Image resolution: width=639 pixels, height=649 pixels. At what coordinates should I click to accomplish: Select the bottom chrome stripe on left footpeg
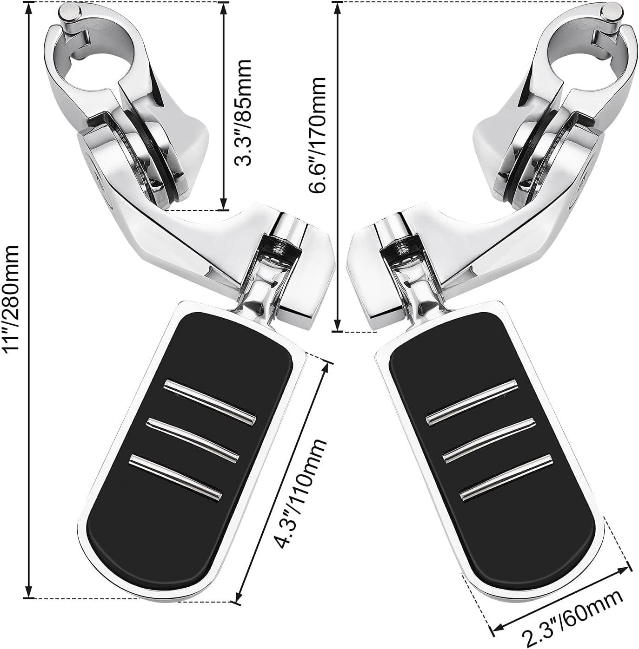point(174,475)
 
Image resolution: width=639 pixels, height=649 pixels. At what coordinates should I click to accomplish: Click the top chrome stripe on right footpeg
point(472,401)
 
